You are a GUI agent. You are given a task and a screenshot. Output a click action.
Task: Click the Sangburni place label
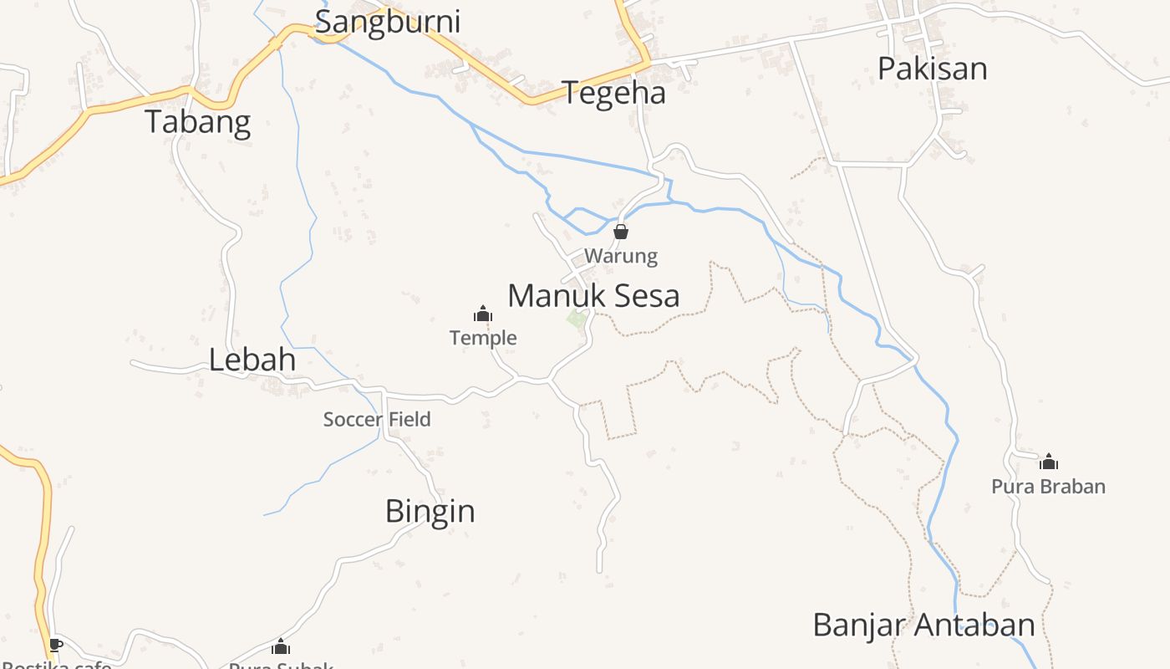tap(387, 22)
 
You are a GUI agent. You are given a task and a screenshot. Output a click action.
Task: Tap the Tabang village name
tap(198, 122)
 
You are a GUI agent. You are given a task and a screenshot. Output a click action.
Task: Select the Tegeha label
tap(614, 93)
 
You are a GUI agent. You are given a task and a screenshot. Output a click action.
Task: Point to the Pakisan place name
tap(932, 69)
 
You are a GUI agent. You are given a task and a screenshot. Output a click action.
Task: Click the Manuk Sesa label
tap(593, 296)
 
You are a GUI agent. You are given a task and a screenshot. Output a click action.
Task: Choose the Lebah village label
tap(252, 360)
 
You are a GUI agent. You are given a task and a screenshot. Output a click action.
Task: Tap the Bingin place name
tap(430, 511)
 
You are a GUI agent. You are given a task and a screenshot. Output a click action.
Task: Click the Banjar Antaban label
tap(923, 625)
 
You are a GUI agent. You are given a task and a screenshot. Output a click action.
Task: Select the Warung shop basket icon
tap(621, 232)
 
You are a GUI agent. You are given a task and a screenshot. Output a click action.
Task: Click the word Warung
tap(621, 256)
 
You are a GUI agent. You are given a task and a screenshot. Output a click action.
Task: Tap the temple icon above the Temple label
tap(483, 314)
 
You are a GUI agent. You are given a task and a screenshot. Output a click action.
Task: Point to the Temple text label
tap(483, 338)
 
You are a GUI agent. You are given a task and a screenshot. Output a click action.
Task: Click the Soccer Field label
tap(377, 420)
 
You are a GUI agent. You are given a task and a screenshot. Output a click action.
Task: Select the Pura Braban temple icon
tap(1048, 462)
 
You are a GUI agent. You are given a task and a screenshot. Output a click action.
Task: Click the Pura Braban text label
tap(1048, 487)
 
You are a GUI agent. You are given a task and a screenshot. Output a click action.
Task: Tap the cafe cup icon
tap(55, 645)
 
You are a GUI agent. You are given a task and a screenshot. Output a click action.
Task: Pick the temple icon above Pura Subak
tap(281, 646)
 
